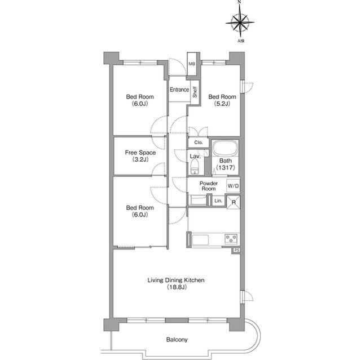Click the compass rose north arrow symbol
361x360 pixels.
pos(240,22)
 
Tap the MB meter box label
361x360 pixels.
pos(192,64)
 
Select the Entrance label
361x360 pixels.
pos(179,90)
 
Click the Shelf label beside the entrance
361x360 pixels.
pos(195,92)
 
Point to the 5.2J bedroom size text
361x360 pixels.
pos(222,104)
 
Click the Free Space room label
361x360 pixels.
pos(140,153)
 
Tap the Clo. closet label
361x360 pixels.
pos(199,143)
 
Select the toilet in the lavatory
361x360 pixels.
pos(195,167)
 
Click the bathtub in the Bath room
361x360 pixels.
pos(225,148)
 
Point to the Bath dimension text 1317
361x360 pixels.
pos(226,167)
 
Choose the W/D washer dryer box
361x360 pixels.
pos(233,186)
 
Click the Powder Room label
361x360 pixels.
pos(209,186)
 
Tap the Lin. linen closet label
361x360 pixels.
pos(218,201)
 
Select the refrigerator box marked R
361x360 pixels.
pos(234,202)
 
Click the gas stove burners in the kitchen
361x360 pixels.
pos(231,239)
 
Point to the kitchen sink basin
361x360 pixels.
pos(200,240)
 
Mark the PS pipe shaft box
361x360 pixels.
pos(236,250)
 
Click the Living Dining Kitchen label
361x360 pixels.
pos(176,280)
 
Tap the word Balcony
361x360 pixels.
pos(177,340)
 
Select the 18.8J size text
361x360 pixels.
pos(177,287)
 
